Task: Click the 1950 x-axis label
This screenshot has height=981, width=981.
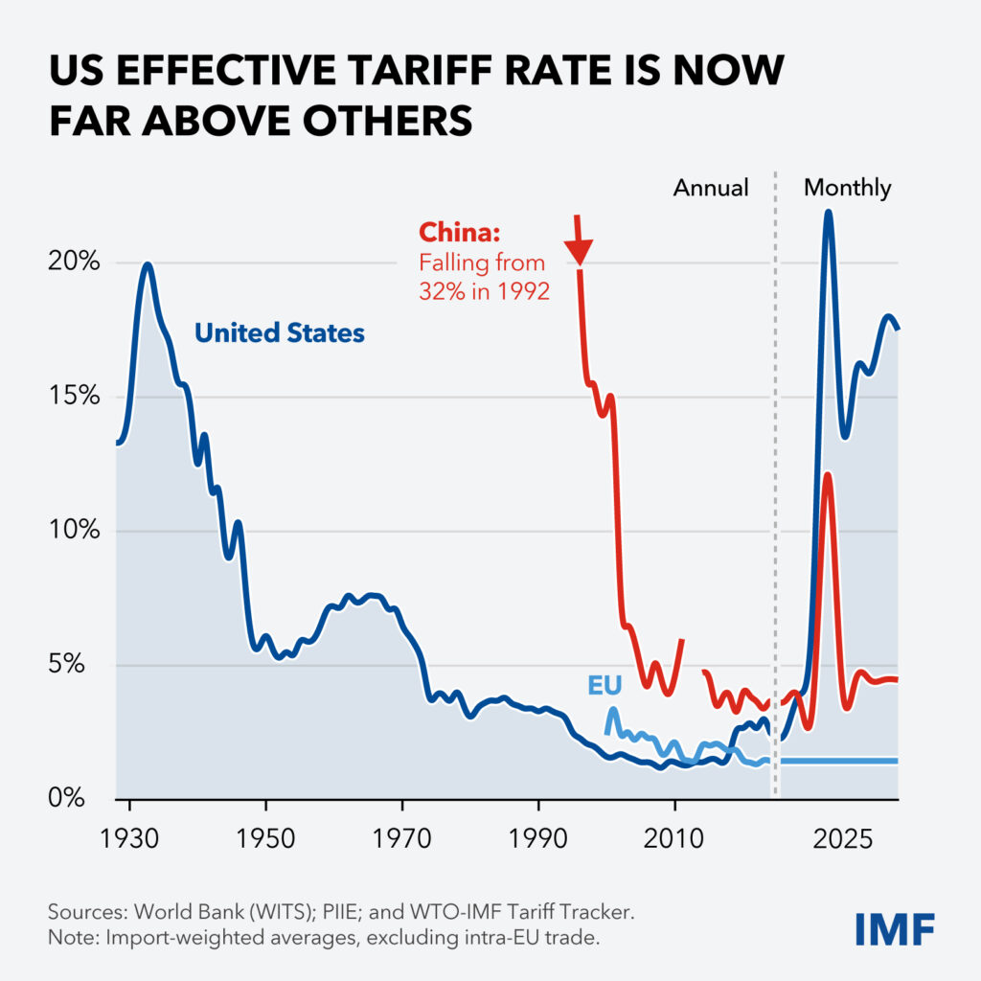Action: (265, 839)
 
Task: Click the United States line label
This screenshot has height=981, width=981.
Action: (280, 333)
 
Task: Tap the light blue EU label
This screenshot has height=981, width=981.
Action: (605, 684)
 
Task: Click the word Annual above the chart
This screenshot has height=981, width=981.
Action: (711, 188)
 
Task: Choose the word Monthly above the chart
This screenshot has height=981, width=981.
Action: (847, 188)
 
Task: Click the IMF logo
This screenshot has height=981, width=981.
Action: (896, 928)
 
